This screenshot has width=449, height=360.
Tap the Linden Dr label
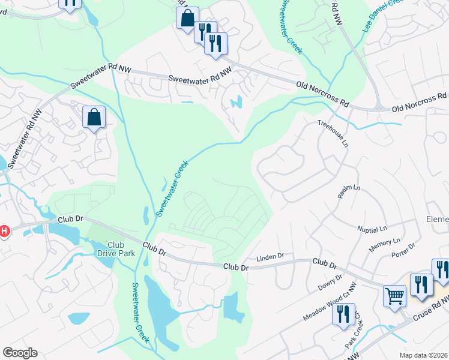270,257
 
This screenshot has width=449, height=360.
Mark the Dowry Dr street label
330,281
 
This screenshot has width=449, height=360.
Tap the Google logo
20,353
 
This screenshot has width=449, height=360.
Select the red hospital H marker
4,231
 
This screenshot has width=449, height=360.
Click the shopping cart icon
394,295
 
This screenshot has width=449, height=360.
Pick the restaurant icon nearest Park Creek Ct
343,314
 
